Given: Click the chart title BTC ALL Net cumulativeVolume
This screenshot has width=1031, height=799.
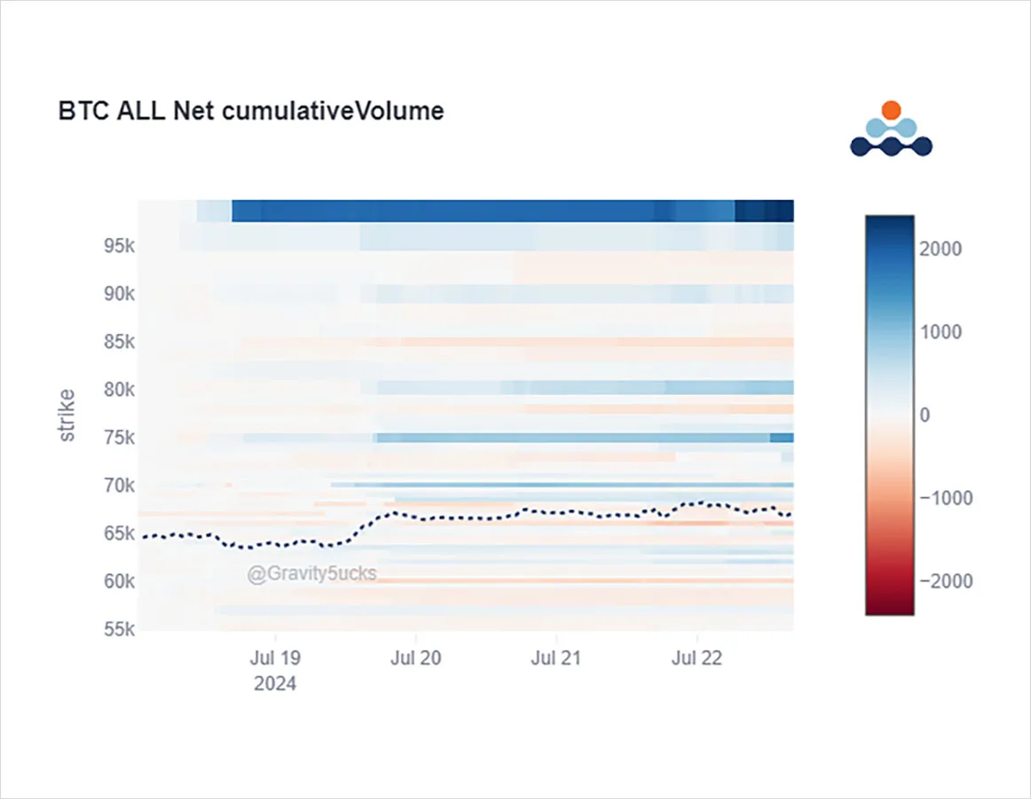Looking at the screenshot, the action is point(251,111).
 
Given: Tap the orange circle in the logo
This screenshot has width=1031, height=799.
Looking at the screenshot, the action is point(891,110).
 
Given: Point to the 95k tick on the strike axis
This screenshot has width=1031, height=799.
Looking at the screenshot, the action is point(119,246).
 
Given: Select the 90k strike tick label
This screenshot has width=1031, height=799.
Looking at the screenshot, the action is point(119,294).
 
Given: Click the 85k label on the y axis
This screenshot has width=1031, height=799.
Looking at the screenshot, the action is point(119,342).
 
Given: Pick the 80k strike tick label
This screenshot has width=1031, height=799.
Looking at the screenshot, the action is point(119,390).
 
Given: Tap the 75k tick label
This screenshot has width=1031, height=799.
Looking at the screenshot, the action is point(119,438).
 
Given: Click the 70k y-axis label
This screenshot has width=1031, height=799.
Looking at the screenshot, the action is point(119,486).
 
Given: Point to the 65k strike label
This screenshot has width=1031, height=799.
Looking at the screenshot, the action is point(119,534).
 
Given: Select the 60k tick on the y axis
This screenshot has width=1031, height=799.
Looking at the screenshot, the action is point(119,581).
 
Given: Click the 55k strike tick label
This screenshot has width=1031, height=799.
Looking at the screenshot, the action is point(119,629).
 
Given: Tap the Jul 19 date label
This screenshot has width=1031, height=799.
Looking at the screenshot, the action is point(275,658).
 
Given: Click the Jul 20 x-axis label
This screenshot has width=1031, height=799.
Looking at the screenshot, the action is point(415,658).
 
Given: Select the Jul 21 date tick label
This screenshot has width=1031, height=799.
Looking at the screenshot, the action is point(556,658).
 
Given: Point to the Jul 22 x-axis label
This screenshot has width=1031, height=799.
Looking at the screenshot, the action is point(697,658).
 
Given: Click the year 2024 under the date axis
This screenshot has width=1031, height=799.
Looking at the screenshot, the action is point(275,684).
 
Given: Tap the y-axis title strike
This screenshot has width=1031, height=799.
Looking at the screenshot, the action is point(67,415).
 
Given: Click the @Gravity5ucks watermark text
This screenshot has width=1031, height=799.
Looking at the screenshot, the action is point(311,574).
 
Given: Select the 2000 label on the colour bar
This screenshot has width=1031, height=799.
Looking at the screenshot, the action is point(940,249).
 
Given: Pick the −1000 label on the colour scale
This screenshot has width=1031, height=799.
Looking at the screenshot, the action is point(946,498).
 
